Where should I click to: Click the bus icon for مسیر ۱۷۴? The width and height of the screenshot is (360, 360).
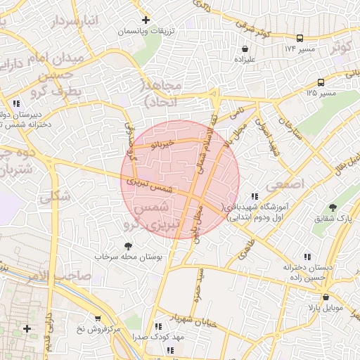300,38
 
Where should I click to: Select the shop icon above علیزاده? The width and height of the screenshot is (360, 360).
244,49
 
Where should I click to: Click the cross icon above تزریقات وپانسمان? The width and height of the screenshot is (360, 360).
146,20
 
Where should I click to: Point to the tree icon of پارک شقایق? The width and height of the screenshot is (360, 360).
332,207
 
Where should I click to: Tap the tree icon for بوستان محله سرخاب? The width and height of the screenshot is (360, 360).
128,245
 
